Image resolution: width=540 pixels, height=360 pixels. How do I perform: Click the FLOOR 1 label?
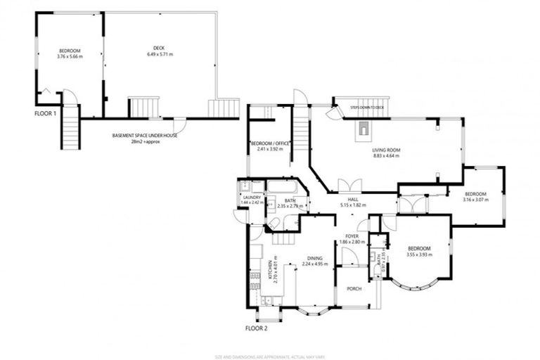coord(45,112)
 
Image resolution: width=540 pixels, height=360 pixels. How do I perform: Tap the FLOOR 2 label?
coord(256,328)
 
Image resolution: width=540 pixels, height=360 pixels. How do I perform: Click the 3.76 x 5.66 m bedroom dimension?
coord(70,56)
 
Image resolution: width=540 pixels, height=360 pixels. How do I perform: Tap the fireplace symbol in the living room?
coord(363,128)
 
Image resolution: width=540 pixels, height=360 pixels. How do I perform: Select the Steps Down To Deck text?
coord(366,108)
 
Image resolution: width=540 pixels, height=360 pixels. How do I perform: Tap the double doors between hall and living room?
coord(349,185)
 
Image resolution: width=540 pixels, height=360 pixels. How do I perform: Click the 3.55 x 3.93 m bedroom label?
coord(420,251)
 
